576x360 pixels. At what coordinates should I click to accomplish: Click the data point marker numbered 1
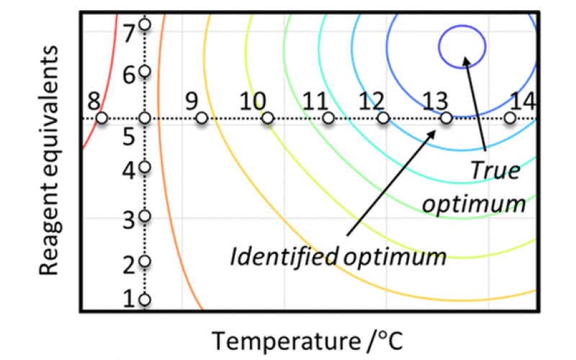(145, 300)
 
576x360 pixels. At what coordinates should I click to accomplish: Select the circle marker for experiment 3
(145, 216)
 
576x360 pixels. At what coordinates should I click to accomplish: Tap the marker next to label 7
(145, 24)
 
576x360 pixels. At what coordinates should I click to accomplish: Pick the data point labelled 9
(202, 118)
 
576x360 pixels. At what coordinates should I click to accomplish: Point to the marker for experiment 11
(328, 118)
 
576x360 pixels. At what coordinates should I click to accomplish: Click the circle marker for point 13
(446, 118)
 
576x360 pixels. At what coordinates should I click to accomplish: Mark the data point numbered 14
(510, 118)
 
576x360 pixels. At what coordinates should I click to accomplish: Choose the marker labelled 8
(102, 118)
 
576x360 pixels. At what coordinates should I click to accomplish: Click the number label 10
(252, 100)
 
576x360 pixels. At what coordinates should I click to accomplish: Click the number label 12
(371, 100)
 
